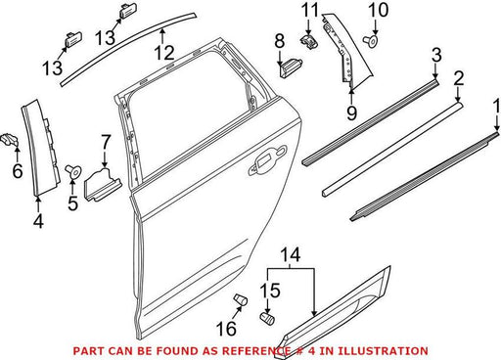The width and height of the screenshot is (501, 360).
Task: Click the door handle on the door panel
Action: pos(267,159)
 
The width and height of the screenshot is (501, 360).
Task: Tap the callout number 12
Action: pos(164,53)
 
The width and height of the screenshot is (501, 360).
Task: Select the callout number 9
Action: pos(351,113)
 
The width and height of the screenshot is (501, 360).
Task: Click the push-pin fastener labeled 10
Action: pos(371,41)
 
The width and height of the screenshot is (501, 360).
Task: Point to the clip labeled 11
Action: pos(309,40)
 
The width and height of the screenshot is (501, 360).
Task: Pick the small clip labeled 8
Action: pos(291,67)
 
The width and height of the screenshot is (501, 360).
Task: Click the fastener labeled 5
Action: pos(73,171)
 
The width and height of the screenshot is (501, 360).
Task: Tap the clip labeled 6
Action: pos(11,141)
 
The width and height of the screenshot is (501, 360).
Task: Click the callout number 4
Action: pos(38,221)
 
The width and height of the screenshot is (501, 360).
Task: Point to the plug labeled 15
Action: pos(267,318)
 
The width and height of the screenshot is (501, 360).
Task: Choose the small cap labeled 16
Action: pos(240,299)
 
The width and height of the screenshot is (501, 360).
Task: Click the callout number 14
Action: pos(291,254)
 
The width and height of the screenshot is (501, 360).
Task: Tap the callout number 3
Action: pos(436,55)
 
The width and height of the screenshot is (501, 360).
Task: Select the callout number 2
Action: pos(459,78)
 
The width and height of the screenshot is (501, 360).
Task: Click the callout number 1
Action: pos(497,107)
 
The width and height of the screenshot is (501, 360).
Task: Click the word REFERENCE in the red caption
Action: pos(256,351)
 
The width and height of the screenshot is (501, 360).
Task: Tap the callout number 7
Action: pos(106,142)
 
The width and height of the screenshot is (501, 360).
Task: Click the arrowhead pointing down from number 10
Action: pos(375,33)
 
